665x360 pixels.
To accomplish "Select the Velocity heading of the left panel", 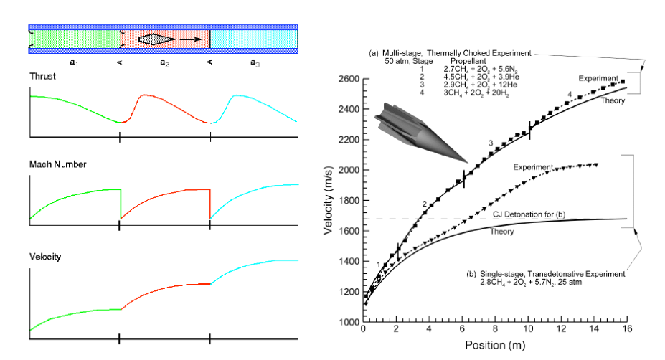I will click(x=44, y=256).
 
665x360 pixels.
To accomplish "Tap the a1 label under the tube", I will click(x=74, y=62).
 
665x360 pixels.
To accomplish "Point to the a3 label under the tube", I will click(x=255, y=62).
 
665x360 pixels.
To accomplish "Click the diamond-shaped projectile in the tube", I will click(x=156, y=39).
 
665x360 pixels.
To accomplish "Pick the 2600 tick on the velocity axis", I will click(x=350, y=78).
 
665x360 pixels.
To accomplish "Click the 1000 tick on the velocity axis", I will click(x=350, y=322).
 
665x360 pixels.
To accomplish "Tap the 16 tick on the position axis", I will click(x=627, y=331).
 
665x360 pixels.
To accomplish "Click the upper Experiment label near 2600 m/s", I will click(x=599, y=77).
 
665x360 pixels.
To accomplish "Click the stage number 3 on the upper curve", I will click(x=491, y=144).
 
